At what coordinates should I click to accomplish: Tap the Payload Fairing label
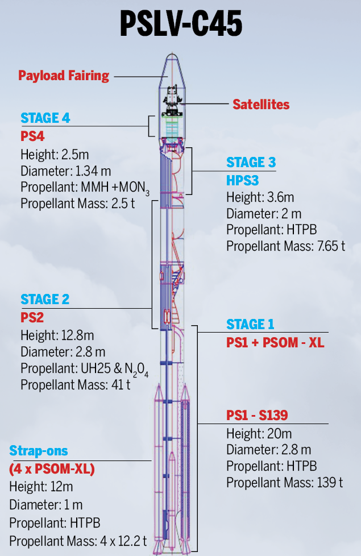coord(64,75)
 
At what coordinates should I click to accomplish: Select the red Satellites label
coord(261,105)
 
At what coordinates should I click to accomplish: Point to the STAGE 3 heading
coord(251,162)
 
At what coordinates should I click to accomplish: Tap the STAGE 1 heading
coord(250,324)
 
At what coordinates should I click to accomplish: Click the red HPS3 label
coord(242,180)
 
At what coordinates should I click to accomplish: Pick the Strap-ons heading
coord(39,451)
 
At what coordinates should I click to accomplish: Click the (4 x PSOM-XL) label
coord(52,470)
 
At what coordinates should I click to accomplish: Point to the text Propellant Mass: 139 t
coord(285,483)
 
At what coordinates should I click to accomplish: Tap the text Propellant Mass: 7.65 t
coord(285,246)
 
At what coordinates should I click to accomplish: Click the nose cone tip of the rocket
coord(171,56)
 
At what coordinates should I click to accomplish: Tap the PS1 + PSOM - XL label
coord(275,342)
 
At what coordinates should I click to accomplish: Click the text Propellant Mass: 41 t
coord(76,384)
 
